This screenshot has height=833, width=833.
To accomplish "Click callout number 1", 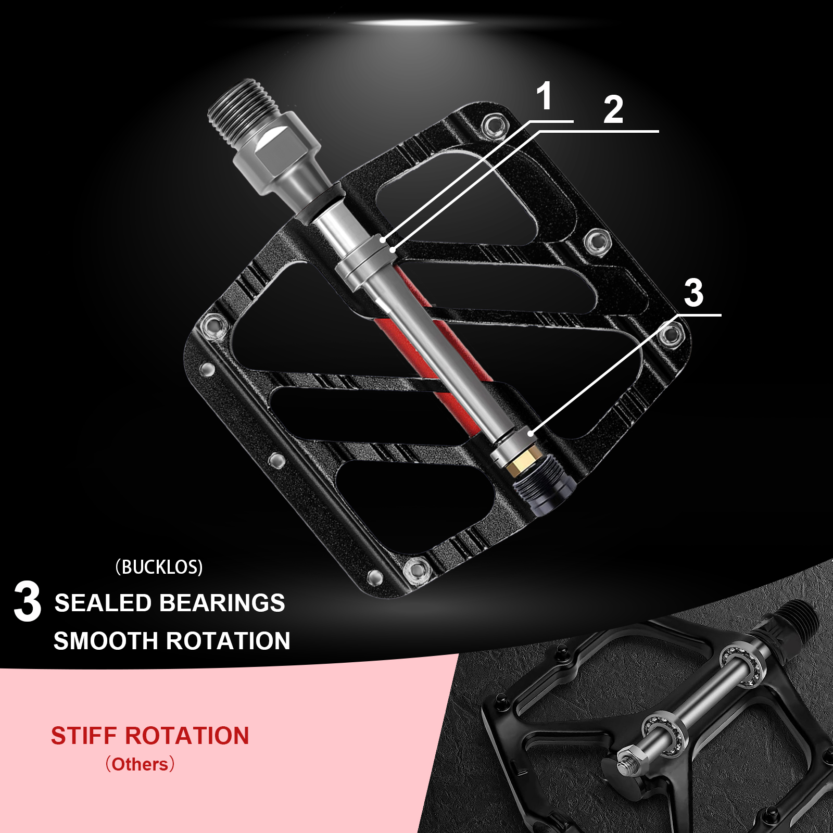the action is [x=544, y=96].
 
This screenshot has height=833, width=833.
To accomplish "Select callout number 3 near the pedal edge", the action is [x=693, y=293].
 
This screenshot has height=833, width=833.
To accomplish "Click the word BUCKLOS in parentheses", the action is [x=159, y=567].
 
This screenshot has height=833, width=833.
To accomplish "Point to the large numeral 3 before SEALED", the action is [x=27, y=602].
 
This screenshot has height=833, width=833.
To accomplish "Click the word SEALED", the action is [x=103, y=603].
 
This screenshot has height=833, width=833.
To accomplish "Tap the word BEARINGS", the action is [x=222, y=603].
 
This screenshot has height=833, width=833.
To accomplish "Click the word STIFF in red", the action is [x=83, y=736].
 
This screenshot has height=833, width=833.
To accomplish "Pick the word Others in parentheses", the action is [x=140, y=764].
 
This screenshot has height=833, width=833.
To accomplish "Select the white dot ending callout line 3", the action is [x=531, y=433].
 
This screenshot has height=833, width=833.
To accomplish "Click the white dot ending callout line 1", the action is [x=383, y=240].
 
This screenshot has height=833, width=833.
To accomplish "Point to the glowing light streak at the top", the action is [x=414, y=23].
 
